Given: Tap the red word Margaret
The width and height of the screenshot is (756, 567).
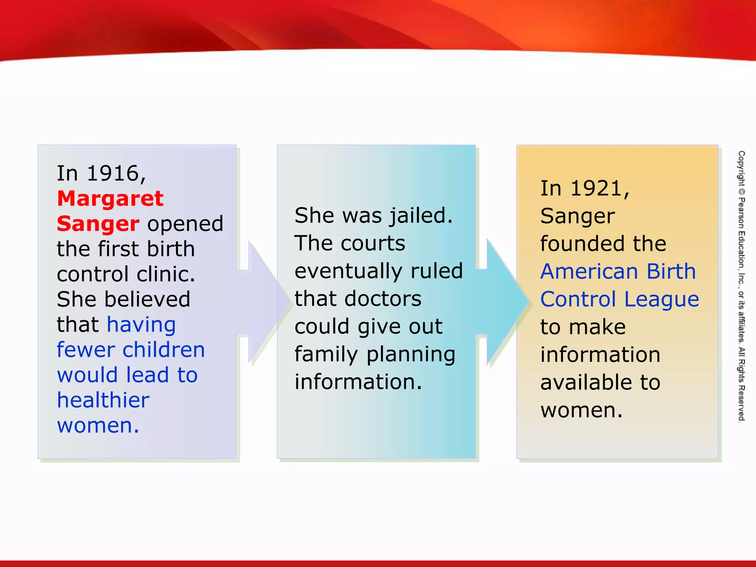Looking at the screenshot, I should [x=110, y=199].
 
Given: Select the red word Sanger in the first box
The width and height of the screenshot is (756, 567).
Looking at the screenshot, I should [x=98, y=224].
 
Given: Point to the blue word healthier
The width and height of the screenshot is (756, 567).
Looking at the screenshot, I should [x=103, y=400].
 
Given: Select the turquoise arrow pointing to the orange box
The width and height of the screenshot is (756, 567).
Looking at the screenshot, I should [x=504, y=302].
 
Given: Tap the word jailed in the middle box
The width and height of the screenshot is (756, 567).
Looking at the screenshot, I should [x=421, y=216].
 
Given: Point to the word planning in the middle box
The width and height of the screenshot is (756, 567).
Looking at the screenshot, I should [x=410, y=354].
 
